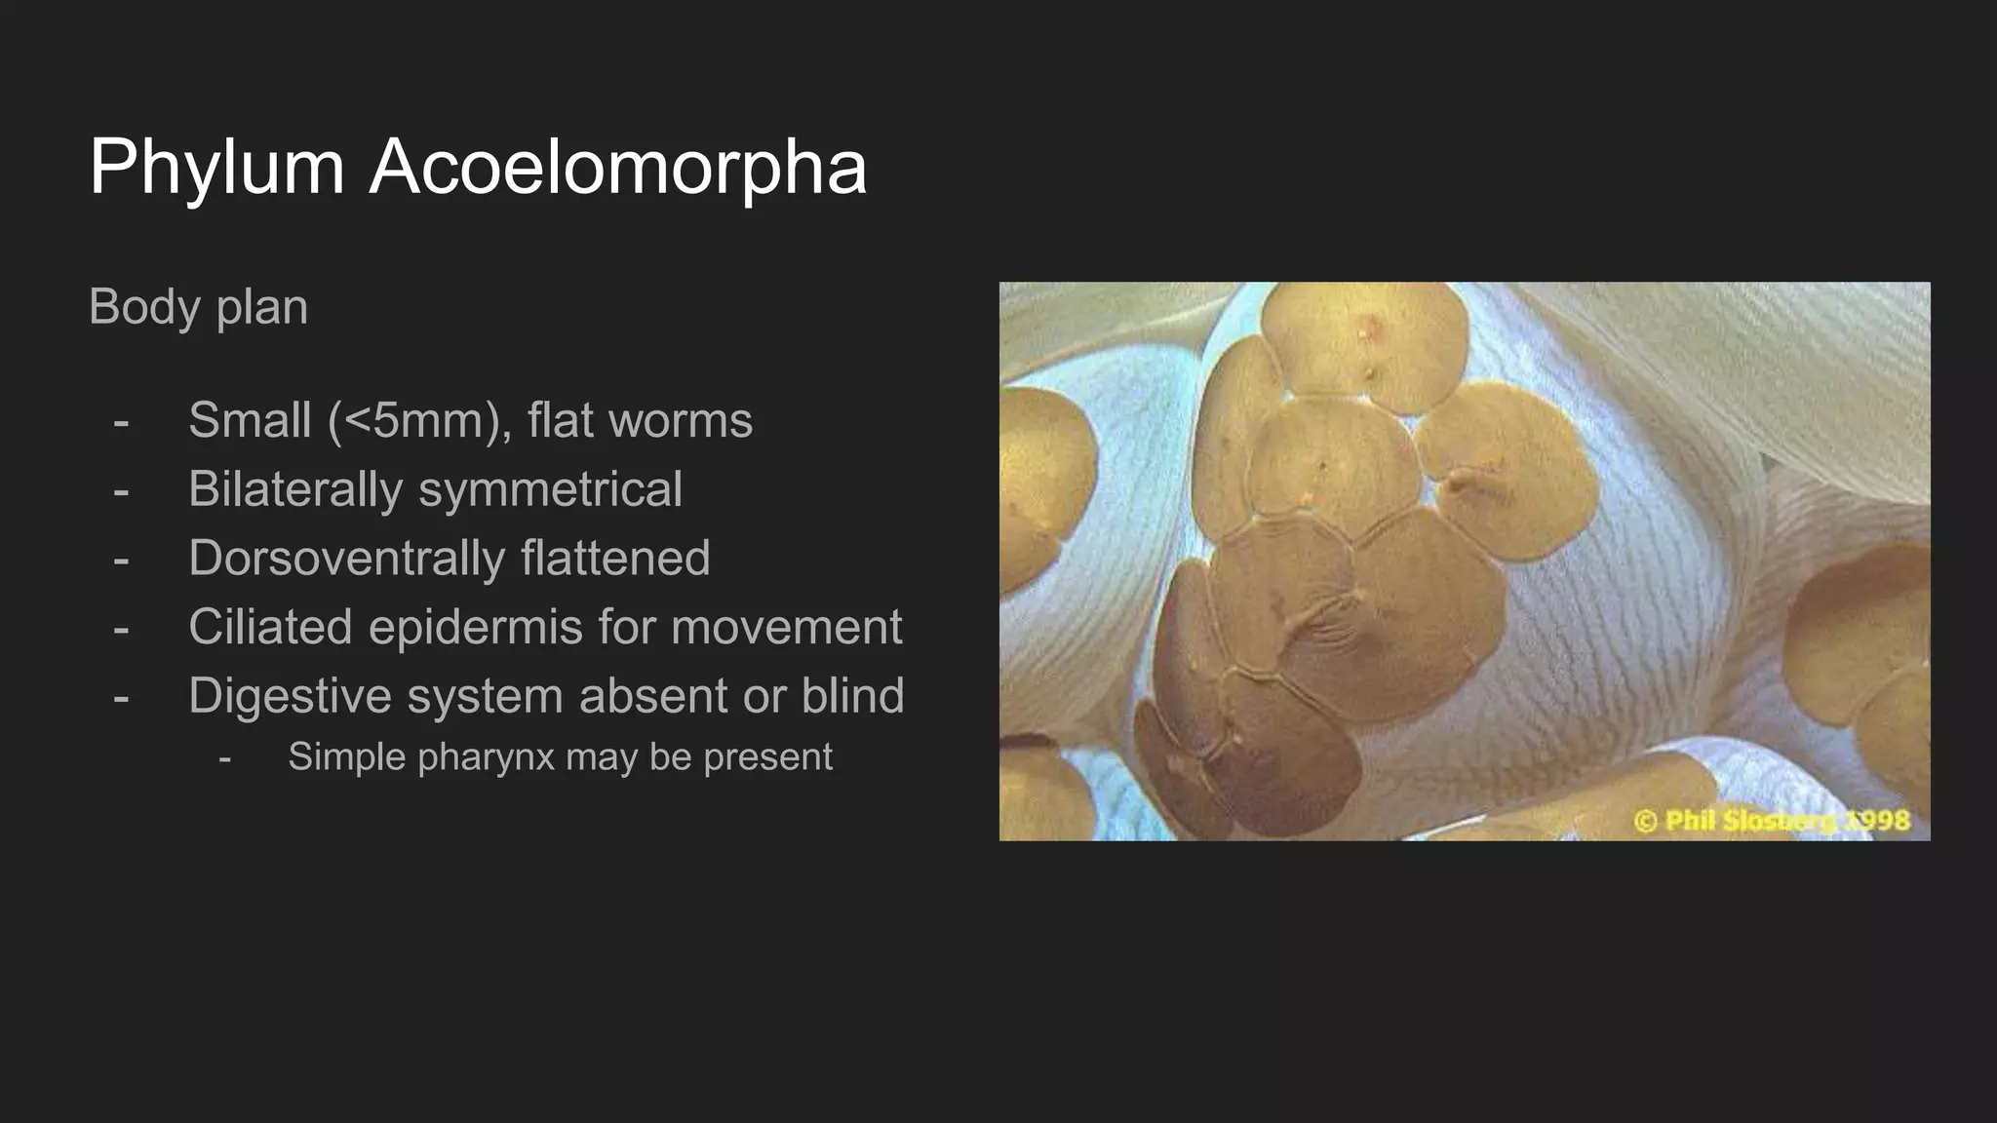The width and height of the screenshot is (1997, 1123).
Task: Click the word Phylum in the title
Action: [x=216, y=168]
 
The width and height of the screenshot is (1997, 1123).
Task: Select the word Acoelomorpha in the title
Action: [x=617, y=168]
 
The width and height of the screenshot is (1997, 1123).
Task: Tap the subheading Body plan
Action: [x=198, y=307]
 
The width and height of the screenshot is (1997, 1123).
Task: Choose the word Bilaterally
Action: [x=294, y=489]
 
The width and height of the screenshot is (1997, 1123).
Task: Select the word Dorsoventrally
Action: [x=345, y=559]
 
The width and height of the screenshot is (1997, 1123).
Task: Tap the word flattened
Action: [x=614, y=559]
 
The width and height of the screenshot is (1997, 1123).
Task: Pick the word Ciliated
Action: [x=269, y=627]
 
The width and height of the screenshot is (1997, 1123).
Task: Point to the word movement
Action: [x=786, y=627]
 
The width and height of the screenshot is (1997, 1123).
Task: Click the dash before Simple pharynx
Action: [x=225, y=757]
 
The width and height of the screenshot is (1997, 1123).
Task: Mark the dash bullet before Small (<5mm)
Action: [x=121, y=421]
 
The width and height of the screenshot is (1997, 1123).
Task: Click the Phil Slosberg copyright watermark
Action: [x=1772, y=821]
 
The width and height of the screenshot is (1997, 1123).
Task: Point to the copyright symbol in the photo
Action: [x=1645, y=822]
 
